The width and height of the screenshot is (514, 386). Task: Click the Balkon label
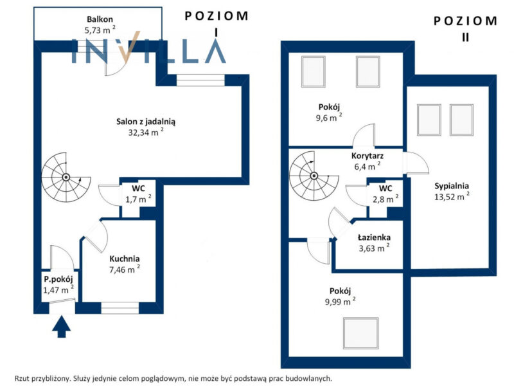[100, 19]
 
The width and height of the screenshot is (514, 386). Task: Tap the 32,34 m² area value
[146, 132]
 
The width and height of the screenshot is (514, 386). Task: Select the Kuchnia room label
[125, 259]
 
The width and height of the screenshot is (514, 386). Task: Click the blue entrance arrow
[61, 327]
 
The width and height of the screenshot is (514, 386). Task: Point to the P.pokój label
[58, 280]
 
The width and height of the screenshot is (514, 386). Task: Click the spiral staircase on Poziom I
[66, 178]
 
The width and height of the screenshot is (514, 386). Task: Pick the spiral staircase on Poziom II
[314, 176]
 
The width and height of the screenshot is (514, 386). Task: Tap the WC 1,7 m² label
[138, 194]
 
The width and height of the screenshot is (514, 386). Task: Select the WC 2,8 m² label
[385, 194]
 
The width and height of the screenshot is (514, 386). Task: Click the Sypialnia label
[452, 186]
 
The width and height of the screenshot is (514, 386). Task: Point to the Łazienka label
[374, 237]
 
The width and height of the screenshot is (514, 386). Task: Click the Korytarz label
[368, 156]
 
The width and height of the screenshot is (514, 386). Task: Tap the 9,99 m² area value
[341, 301]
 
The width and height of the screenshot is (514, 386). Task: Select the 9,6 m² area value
[329, 118]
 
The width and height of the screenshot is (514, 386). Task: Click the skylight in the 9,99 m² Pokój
[361, 333]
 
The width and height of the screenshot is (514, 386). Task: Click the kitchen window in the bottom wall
[120, 308]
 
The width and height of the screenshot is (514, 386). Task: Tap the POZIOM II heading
[465, 29]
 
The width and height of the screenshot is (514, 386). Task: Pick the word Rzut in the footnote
[22, 378]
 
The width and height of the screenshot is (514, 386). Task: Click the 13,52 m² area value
[452, 197]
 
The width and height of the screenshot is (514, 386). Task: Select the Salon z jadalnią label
[146, 122]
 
